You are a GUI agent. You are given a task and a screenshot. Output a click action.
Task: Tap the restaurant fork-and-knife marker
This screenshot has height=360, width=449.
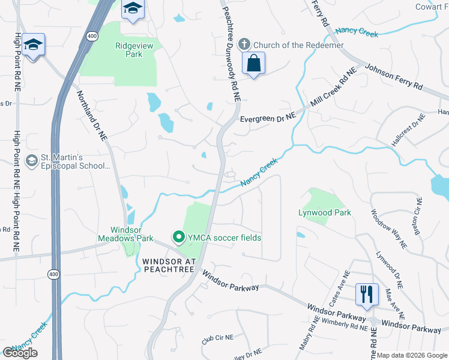tap(367, 295)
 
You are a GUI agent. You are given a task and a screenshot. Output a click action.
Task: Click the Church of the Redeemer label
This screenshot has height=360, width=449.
tap(298, 45)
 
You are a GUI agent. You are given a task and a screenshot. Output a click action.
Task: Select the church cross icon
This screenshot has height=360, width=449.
tap(244, 44)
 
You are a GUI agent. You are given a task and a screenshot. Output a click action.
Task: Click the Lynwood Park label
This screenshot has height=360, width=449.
tap(325, 212)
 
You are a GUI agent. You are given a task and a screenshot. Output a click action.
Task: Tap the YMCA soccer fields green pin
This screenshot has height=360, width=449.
tap(178, 238)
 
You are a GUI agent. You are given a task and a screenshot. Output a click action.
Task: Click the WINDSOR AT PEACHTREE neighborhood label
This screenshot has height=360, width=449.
tap(169, 265)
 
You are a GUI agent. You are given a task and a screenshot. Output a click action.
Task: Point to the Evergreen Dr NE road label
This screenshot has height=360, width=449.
tap(268, 119)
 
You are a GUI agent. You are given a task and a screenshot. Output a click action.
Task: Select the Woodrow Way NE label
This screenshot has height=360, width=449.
tap(388, 229)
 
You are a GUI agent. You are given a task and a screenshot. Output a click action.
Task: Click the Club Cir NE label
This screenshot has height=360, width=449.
tap(217, 338)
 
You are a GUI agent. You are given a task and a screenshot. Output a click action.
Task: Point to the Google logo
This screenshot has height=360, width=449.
tap(20, 353)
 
